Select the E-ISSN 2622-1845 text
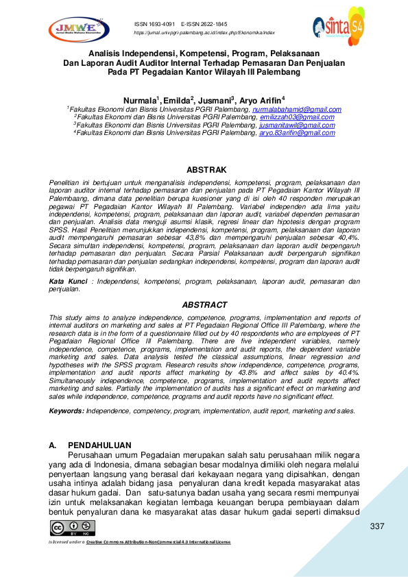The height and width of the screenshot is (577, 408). coord(204,24)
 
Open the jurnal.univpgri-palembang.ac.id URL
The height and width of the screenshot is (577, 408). coord(204,32)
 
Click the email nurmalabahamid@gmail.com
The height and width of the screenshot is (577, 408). coord(297,110)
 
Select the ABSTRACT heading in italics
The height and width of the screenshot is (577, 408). coord(204,304)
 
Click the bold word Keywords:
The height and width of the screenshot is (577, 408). coord(66,410)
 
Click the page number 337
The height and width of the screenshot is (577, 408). coord(376,526)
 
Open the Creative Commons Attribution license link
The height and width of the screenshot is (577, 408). coord(158,542)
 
